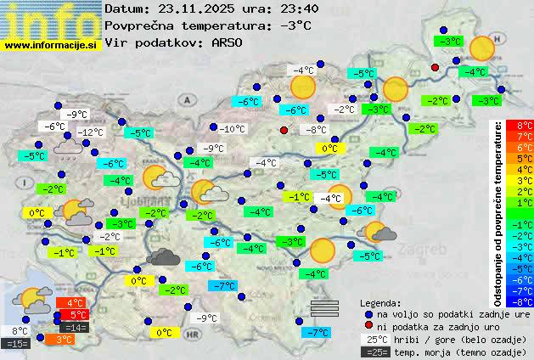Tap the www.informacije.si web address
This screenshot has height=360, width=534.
[51, 45]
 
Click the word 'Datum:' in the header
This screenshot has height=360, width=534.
[127, 9]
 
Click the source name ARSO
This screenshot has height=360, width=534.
[228, 42]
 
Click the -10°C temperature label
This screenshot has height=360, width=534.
[232, 129]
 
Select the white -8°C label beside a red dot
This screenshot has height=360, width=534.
[316, 130]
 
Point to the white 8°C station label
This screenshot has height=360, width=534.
[20, 331]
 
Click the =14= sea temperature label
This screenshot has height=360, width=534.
[75, 327]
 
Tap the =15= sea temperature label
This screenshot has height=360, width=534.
[16, 344]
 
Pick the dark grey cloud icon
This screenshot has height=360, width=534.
[161, 256]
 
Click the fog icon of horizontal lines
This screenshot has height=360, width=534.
[324, 307]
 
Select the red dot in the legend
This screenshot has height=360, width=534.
[368, 326]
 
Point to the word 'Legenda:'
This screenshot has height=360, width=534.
[380, 302]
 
